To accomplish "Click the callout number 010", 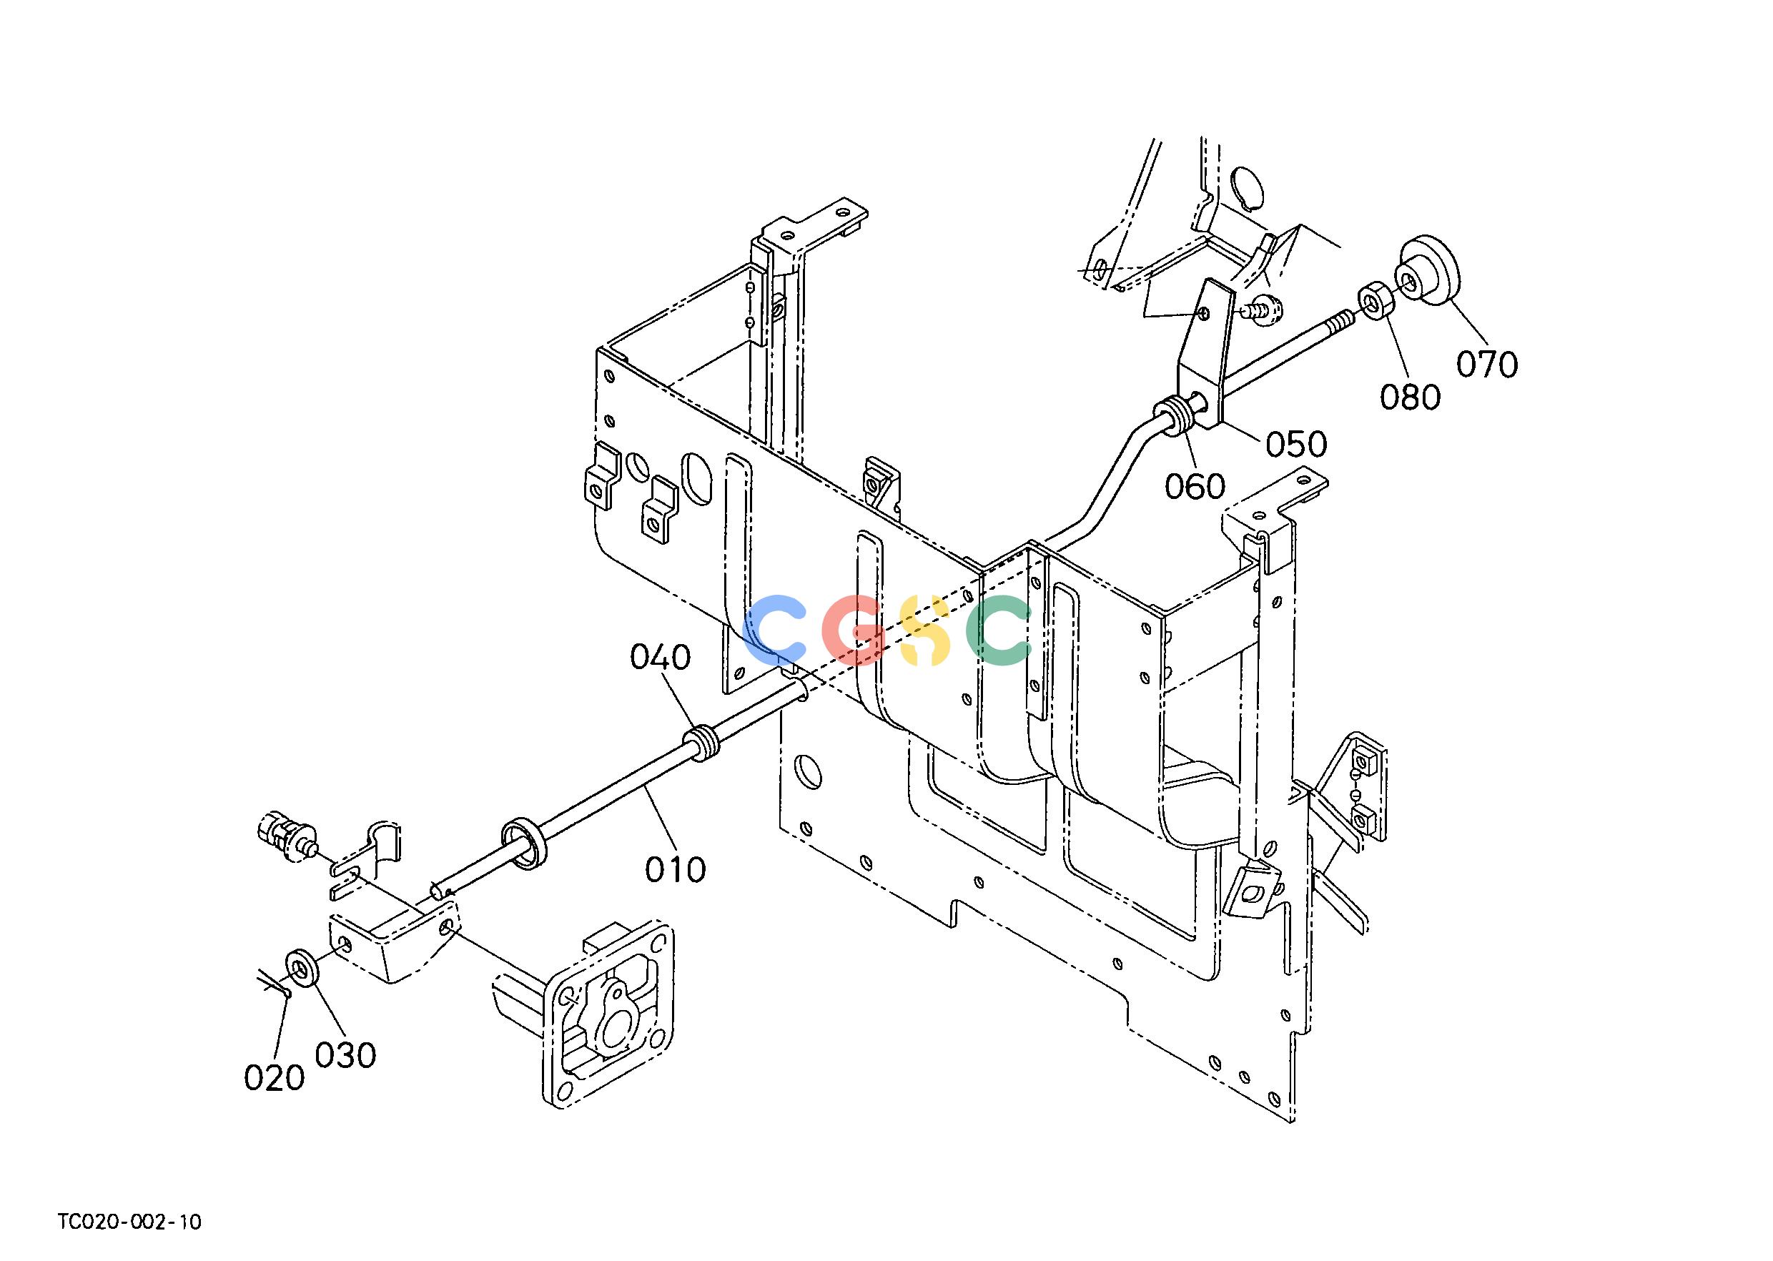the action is pos(676,870).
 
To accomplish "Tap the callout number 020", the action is pos(274,1078).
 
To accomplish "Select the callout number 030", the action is pos(345,1055).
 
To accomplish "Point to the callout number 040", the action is pos(660,658).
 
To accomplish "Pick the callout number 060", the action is pos(1195,487).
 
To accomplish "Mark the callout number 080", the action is pos(1411,397).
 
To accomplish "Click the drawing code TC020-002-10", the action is pos(129,1222).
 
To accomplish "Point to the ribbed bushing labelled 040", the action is pos(702,742).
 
